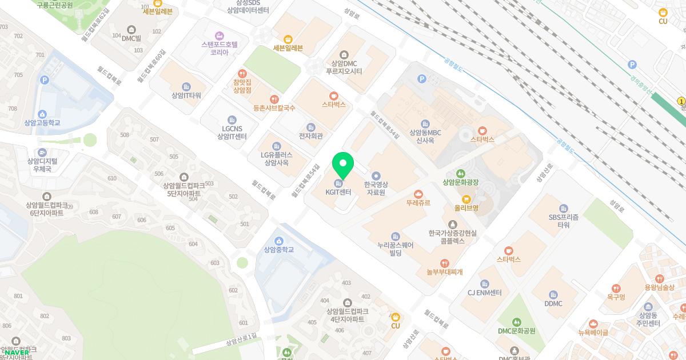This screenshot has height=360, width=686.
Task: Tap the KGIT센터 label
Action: [x=338, y=193]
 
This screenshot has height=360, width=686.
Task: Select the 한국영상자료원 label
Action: [x=376, y=189]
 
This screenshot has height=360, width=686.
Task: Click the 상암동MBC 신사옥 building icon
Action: [x=425, y=124]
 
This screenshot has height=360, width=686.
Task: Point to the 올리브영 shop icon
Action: [x=466, y=199]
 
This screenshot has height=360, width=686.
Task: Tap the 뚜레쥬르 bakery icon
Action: [x=418, y=194]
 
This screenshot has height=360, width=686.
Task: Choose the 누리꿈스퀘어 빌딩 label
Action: [x=395, y=249]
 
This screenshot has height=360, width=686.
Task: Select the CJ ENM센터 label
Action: [x=484, y=293]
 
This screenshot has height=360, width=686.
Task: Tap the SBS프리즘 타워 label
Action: [x=564, y=221]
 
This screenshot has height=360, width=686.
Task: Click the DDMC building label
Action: [x=553, y=303]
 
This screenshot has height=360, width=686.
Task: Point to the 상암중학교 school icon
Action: [x=279, y=241]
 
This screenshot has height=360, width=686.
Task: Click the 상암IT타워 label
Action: [x=186, y=95]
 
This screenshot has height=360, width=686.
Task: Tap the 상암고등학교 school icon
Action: [x=42, y=114]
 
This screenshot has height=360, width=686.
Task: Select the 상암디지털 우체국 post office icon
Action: [x=42, y=153]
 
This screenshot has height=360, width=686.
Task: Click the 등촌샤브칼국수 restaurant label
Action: [x=274, y=107]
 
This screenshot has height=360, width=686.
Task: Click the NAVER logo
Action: [x=17, y=353]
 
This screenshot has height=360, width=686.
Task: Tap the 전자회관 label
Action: [x=310, y=136]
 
